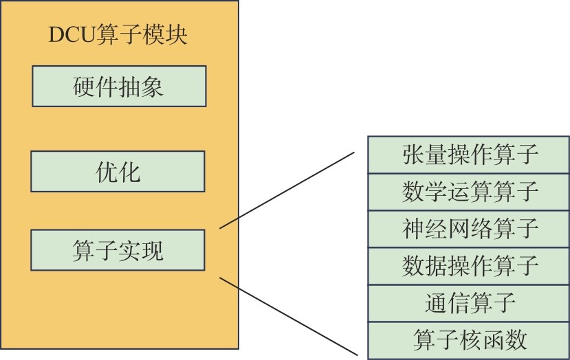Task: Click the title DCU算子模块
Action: point(118,35)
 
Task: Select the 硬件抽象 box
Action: point(118,87)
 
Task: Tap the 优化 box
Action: point(118,171)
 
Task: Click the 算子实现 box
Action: point(118,250)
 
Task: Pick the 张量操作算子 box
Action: point(469,155)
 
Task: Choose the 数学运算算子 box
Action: point(469,192)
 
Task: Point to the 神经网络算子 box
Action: point(469,229)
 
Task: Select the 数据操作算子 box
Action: point(469,265)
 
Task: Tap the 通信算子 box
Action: point(469,302)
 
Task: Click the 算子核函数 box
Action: point(469,339)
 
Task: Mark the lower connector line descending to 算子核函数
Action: point(289,316)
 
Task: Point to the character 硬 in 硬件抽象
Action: point(84,87)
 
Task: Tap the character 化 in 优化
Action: point(129,172)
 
